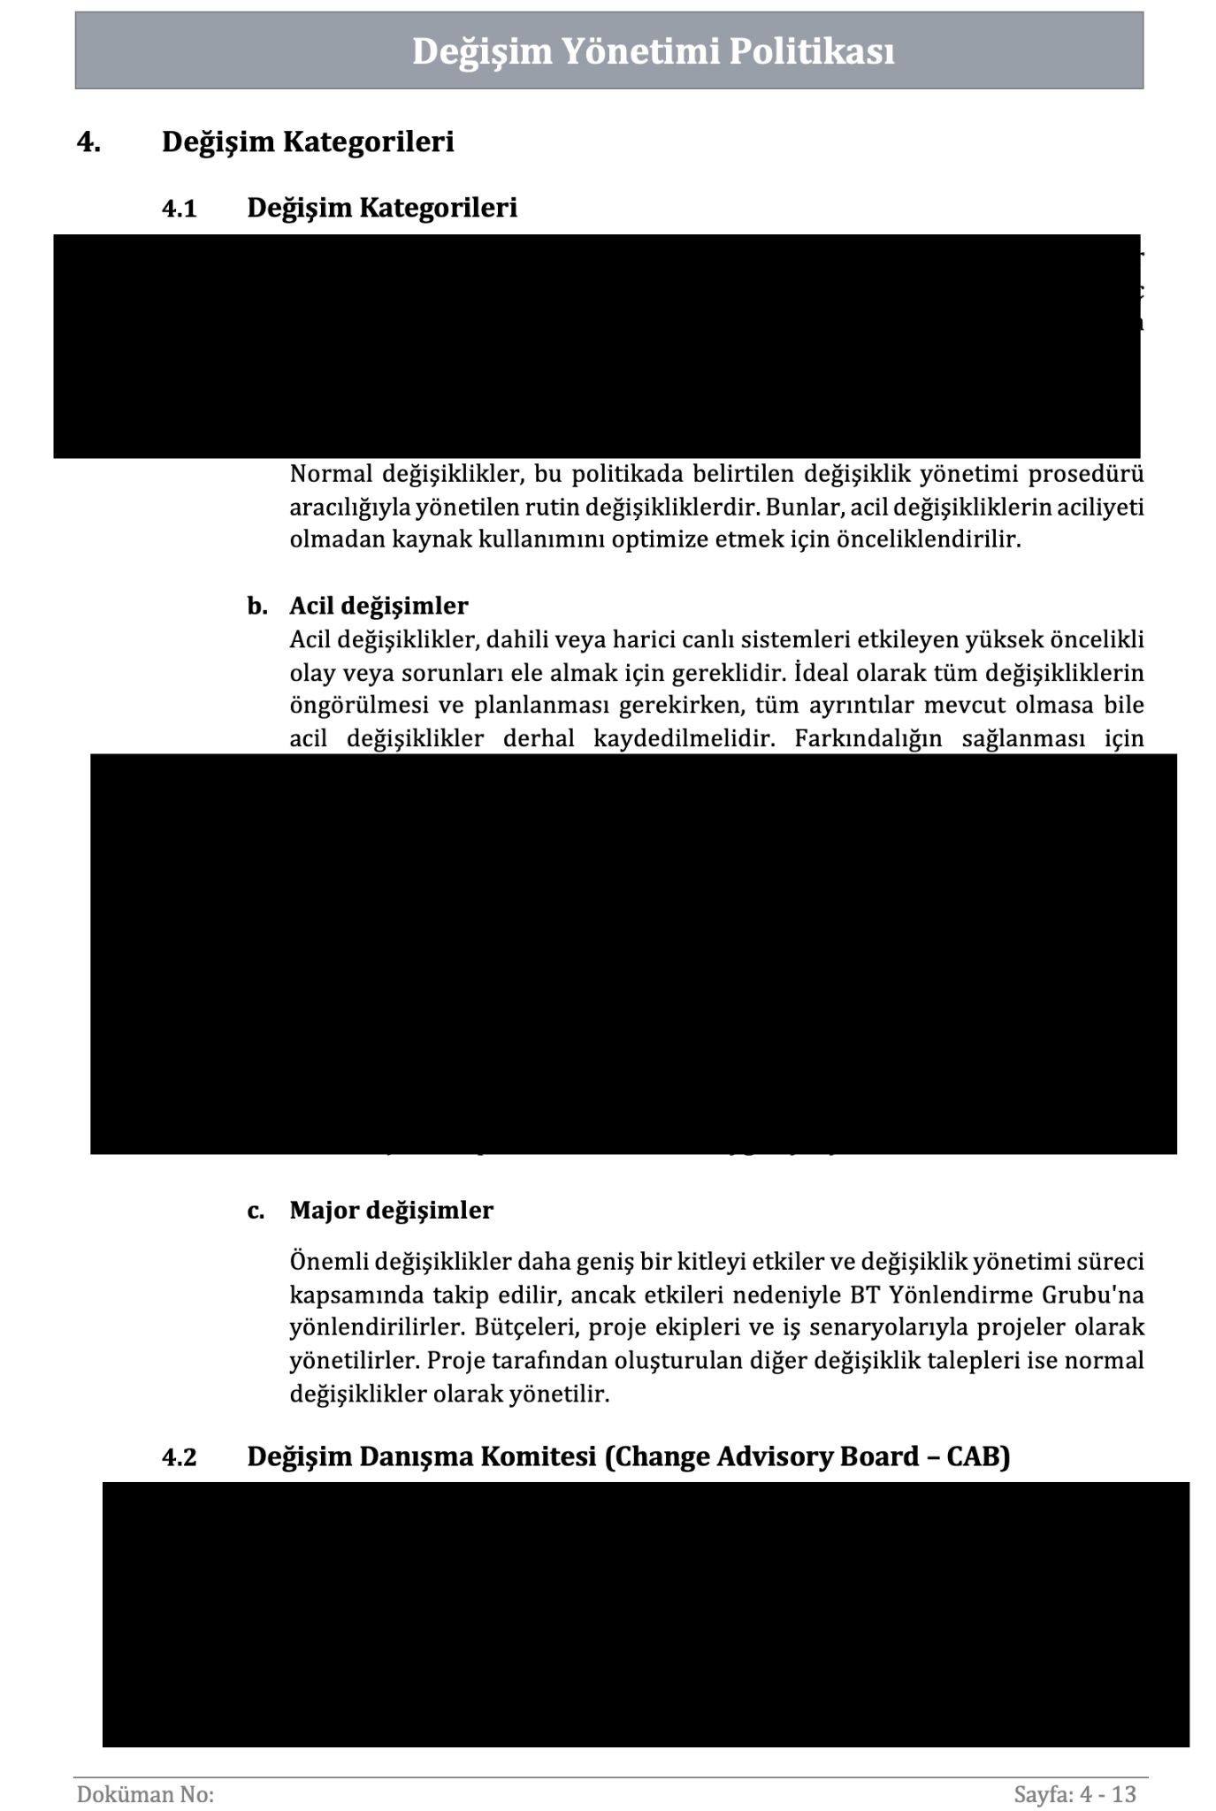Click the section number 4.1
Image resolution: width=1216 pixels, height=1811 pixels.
[179, 209]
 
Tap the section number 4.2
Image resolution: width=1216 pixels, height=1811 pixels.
[179, 1456]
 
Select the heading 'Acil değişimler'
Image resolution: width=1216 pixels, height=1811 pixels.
[379, 606]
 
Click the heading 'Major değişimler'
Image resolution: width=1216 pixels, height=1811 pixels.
[391, 1210]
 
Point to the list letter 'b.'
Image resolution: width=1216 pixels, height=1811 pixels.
[256, 606]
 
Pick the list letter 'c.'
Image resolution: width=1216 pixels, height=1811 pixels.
[256, 1210]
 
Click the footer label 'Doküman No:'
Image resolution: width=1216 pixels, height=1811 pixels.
[146, 1769]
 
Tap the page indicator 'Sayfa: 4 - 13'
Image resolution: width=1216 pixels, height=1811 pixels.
[1075, 1769]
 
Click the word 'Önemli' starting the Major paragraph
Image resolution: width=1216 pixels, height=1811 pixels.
[328, 1262]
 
